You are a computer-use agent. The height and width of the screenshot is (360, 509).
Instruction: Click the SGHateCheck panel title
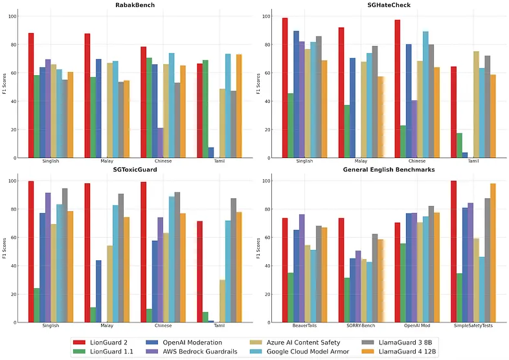tap(383, 5)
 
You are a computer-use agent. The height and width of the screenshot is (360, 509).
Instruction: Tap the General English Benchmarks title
tap(383, 170)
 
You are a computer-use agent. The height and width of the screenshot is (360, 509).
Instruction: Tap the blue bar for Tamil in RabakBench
tap(211, 152)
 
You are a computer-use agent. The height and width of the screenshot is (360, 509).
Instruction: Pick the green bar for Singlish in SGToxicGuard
tap(37, 305)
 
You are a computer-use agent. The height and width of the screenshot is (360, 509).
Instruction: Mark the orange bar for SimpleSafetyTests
tap(493, 253)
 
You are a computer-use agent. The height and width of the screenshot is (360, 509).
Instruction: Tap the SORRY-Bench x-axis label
tap(354, 326)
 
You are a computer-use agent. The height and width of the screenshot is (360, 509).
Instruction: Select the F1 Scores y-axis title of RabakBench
tap(6, 84)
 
